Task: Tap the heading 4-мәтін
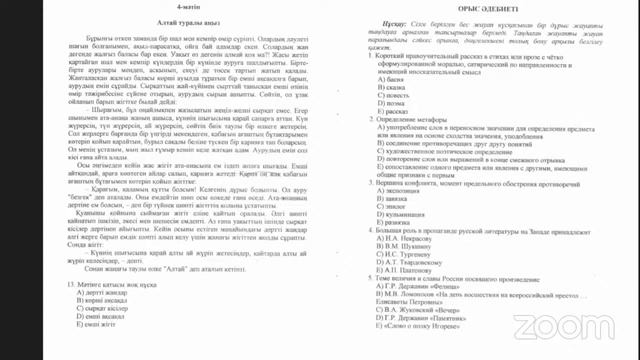[x=157, y=8]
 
